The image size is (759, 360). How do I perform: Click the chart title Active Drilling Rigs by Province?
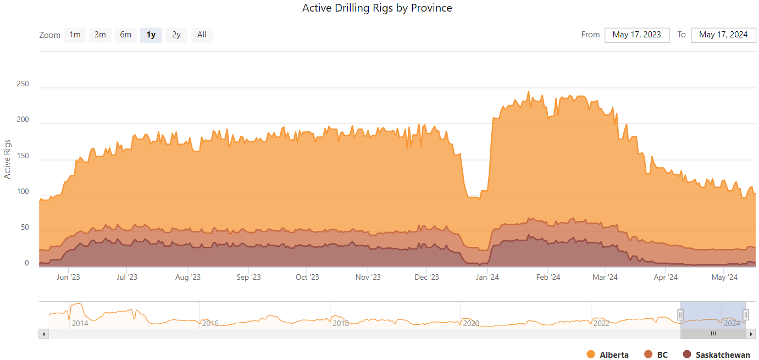377,8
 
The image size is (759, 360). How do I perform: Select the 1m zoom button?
75,35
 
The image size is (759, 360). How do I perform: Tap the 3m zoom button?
100,35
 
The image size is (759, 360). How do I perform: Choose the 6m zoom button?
125,35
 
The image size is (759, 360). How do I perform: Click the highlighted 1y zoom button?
151,35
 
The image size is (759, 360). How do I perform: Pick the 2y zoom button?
176,35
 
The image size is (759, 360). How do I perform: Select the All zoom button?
202,35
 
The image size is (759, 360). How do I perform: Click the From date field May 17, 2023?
636,35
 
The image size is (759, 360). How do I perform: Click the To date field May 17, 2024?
723,35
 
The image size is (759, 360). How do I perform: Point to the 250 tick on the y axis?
23,84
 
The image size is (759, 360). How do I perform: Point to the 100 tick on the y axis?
23,192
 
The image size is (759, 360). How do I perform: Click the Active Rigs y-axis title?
8,159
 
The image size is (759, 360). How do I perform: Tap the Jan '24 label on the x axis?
487,277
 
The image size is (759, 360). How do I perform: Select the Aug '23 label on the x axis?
188,277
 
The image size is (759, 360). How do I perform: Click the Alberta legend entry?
608,355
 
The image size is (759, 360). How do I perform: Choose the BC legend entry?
656,355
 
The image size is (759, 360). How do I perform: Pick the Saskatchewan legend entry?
716,355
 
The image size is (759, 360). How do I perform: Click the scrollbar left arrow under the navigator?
44,334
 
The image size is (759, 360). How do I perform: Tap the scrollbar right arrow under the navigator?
751,334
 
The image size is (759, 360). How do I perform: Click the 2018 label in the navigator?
341,323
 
